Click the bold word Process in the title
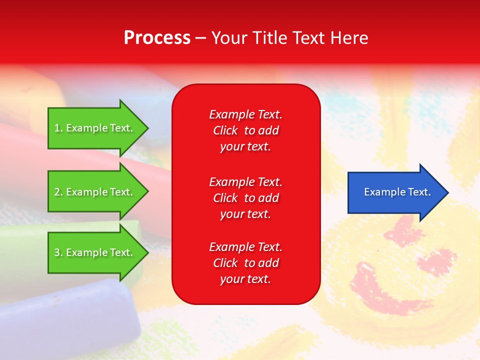pyautogui.click(x=157, y=38)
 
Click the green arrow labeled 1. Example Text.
pyautogui.click(x=95, y=128)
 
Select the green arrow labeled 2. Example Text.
pyautogui.click(x=95, y=192)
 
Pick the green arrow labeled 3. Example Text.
pyautogui.click(x=95, y=252)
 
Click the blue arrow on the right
pyautogui.click(x=395, y=192)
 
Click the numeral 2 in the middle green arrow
pyautogui.click(x=57, y=192)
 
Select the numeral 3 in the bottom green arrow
pyautogui.click(x=57, y=252)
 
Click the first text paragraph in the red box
pyautogui.click(x=245, y=130)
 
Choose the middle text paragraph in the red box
pyautogui.click(x=245, y=198)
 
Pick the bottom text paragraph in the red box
pyautogui.click(x=245, y=263)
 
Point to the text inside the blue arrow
pyautogui.click(x=397, y=192)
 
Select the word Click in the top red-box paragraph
pyautogui.click(x=225, y=130)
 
